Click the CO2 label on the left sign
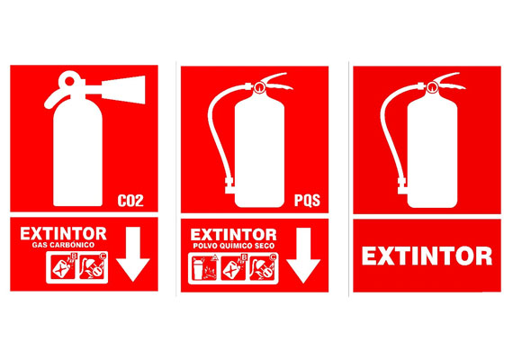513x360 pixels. pos(130,201)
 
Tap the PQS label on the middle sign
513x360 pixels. pos(307,201)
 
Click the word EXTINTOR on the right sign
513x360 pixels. pos(427,256)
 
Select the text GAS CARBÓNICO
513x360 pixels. pos(63,245)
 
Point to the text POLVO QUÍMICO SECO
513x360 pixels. pos(234,246)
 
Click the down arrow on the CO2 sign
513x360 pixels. pos(133,254)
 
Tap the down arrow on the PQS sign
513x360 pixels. pos(303,256)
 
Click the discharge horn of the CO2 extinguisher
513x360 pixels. pos(123,90)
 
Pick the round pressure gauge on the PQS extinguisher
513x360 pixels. pos(260,87)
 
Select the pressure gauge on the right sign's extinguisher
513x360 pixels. pos(432,87)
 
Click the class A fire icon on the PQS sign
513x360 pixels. pos(203,268)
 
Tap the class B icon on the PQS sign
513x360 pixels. pos(233,268)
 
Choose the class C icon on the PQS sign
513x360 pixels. pos(263,268)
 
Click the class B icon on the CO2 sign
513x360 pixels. pos(63,267)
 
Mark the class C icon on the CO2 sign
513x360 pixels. pos(93,267)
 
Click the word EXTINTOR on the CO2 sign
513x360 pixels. pos(63,234)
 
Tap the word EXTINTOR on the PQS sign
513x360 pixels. pos(234,235)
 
